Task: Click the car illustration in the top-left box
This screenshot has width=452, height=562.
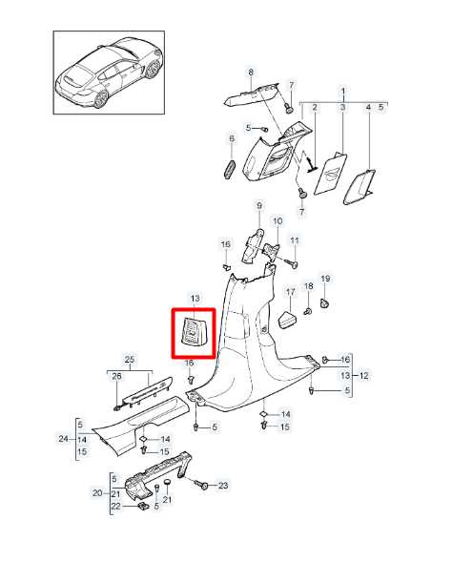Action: click(x=109, y=72)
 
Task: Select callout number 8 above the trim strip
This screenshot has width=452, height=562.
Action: click(x=251, y=73)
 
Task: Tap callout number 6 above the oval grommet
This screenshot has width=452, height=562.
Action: click(x=232, y=138)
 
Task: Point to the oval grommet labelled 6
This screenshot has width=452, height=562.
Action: click(x=229, y=170)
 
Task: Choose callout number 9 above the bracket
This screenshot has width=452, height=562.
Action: click(x=259, y=206)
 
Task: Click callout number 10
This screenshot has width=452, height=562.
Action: click(x=277, y=221)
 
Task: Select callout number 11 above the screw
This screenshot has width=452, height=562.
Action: click(x=295, y=240)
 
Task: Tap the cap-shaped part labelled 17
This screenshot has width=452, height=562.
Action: click(x=288, y=320)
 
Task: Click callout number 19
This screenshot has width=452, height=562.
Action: click(x=325, y=279)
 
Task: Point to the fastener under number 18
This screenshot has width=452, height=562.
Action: click(x=307, y=311)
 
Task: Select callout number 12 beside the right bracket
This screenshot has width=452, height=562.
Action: click(x=363, y=376)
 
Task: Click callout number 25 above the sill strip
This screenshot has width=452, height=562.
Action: click(x=130, y=360)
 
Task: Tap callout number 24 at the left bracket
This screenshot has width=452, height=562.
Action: click(x=63, y=438)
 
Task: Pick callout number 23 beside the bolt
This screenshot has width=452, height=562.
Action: click(x=223, y=486)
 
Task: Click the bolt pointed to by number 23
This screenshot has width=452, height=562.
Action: click(x=201, y=485)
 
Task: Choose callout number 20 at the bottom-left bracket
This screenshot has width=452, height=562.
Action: click(x=97, y=493)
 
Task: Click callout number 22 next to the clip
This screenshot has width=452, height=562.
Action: click(x=115, y=506)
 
